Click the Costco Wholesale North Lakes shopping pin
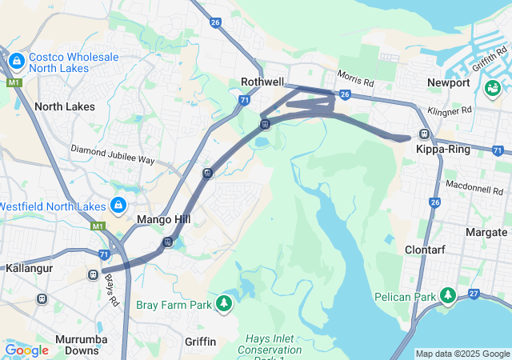click(16, 61)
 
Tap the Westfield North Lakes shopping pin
click(118, 205)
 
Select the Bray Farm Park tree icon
click(225, 304)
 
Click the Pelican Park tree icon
click(447, 296)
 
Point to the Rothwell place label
click(262, 82)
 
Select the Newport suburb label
click(448, 82)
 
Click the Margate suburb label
click(486, 232)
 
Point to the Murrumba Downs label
click(76, 345)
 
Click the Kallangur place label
click(29, 269)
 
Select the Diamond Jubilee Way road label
click(112, 154)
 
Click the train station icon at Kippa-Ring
click(424, 134)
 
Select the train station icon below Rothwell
click(264, 124)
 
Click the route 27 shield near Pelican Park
click(474, 294)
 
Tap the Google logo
click(26, 350)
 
